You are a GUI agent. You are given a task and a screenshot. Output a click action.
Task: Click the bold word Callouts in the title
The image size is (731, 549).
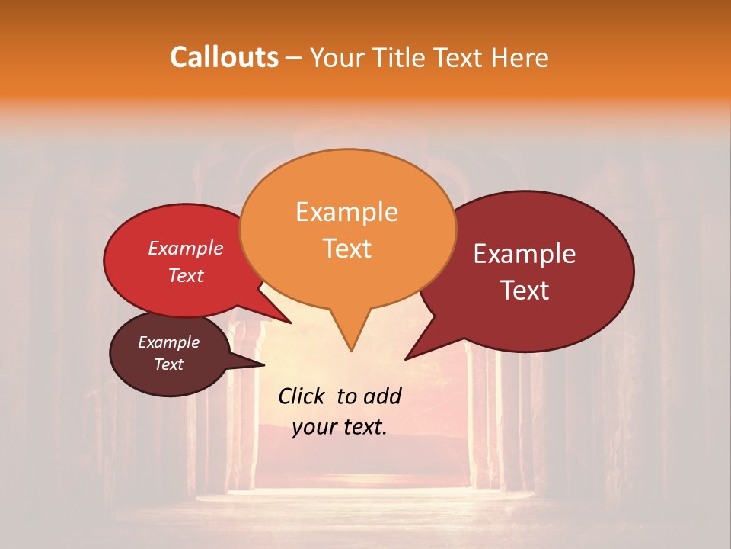[224, 57]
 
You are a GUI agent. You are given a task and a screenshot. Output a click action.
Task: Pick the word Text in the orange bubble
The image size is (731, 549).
[346, 249]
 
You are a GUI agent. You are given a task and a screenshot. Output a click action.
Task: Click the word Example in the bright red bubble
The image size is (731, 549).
[186, 248]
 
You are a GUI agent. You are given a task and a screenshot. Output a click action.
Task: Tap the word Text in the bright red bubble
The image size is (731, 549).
[186, 275]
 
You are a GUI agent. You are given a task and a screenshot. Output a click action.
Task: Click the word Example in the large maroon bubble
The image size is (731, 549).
[525, 254]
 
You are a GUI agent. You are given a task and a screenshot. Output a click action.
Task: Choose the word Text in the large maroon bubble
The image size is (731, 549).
[525, 291]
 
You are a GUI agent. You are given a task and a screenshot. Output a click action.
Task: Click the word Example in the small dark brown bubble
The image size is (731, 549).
[168, 342]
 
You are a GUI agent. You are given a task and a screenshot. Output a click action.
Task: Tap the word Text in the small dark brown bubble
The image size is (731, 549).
[168, 364]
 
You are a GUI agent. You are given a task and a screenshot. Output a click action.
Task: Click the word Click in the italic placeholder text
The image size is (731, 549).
[302, 396]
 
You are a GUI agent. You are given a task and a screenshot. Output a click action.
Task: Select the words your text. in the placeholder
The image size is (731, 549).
[340, 427]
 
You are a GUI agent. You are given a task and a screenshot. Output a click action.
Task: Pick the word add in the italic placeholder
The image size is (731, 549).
[382, 396]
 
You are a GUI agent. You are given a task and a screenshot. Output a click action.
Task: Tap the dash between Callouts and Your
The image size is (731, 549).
[295, 58]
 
